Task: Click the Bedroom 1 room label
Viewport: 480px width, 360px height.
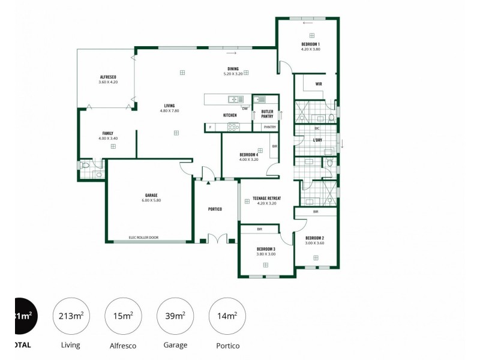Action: (x=310, y=44)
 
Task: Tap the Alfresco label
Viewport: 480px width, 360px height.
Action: (x=108, y=77)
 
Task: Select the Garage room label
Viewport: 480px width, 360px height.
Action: (x=151, y=195)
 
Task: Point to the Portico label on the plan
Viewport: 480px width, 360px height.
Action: (x=215, y=209)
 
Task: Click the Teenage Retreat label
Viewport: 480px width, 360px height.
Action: (x=269, y=198)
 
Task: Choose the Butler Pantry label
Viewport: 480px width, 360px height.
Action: (x=267, y=114)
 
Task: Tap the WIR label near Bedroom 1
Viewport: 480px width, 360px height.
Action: (x=319, y=84)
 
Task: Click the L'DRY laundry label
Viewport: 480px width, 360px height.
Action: (x=317, y=140)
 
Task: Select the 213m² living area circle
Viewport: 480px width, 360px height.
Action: (x=70, y=316)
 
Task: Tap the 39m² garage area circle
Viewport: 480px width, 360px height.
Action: (x=175, y=316)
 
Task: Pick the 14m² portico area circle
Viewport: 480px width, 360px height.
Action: (x=227, y=316)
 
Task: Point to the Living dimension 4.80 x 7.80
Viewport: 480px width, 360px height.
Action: (x=169, y=110)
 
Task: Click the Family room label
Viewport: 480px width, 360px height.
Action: (x=107, y=133)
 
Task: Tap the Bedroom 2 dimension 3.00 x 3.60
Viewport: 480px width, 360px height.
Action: (x=314, y=243)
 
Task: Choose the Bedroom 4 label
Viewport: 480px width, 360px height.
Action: (x=248, y=155)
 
